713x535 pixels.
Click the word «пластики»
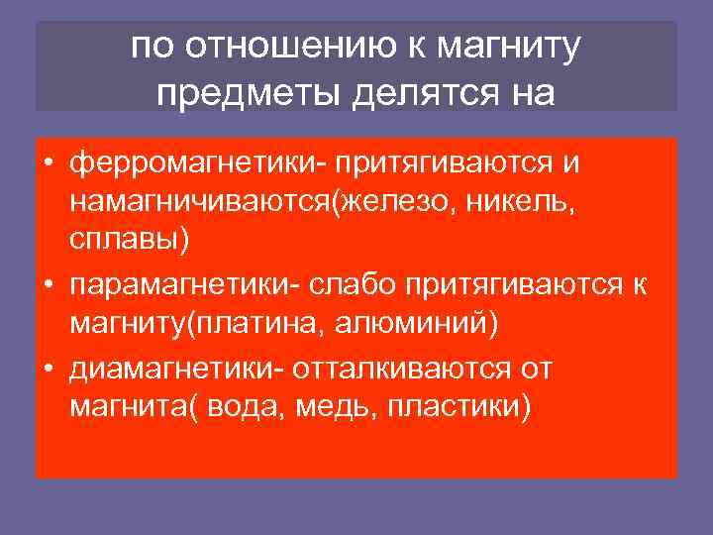click(x=459, y=407)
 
